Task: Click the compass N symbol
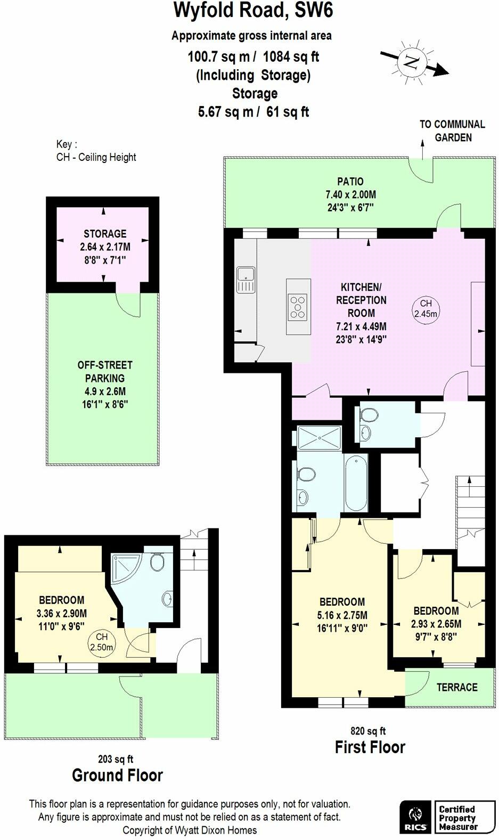coord(411,62)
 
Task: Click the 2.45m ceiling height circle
coord(426,309)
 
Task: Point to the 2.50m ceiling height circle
coord(101,642)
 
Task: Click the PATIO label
coord(350,182)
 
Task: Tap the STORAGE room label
coord(105,234)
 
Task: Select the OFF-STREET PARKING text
coord(105,372)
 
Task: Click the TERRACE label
coord(457,688)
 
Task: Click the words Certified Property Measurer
coord(458,818)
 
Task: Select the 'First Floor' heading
coord(370,747)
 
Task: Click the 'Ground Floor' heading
coord(117,775)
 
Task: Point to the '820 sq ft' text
coord(367,731)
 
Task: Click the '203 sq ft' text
coord(116,759)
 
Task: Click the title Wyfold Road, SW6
coord(254,11)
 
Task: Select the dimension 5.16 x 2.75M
coord(342,615)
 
